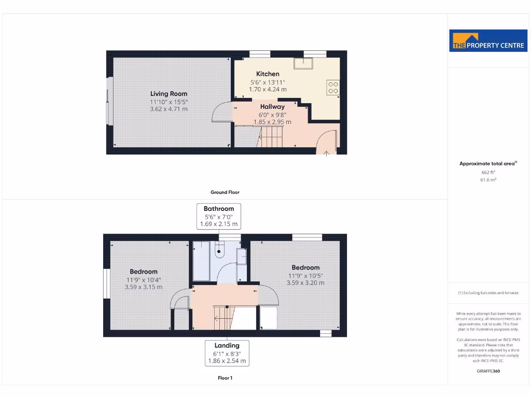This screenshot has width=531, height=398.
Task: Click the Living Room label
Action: (169, 94)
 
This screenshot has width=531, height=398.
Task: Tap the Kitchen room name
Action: (268, 74)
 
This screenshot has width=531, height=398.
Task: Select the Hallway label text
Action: (272, 107)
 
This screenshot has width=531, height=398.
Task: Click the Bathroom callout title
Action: (219, 209)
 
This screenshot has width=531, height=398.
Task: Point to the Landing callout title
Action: (227, 346)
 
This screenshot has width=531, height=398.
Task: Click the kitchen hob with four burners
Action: (333, 88)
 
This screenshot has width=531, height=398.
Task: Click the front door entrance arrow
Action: (326, 153)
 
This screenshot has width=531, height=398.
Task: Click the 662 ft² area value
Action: (488, 172)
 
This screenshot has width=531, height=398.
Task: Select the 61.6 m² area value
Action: (488, 180)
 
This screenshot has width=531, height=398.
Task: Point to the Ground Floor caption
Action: (225, 192)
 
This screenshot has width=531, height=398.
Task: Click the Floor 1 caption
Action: (225, 378)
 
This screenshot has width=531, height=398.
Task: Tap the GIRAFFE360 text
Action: (488, 371)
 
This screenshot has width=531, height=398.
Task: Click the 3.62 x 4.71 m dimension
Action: (169, 109)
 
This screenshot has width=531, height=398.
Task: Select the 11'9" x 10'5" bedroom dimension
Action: (305, 276)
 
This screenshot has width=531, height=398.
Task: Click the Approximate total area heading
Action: (487, 164)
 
